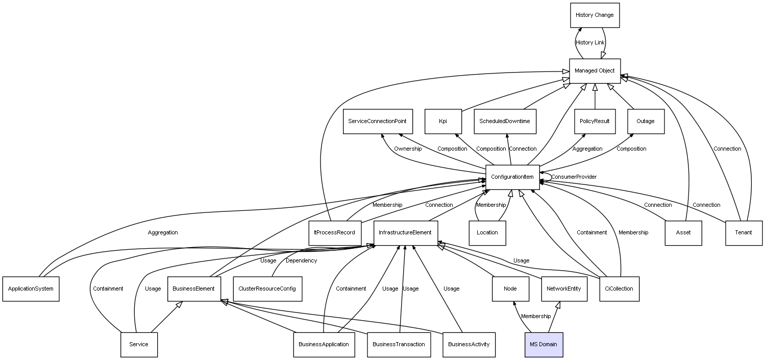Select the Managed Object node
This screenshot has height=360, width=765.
tap(595, 70)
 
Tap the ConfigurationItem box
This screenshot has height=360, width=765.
tap(512, 177)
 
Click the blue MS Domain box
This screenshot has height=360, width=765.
tap(544, 344)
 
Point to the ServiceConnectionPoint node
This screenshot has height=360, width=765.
tap(378, 122)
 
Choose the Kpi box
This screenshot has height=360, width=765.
tap(443, 122)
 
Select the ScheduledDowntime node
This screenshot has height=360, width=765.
tap(505, 122)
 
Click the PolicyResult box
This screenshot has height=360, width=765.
tap(595, 122)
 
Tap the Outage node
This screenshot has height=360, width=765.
tap(645, 122)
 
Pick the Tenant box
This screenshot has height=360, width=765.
tap(744, 233)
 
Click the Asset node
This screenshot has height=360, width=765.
tap(683, 233)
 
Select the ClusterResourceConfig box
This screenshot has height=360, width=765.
tap(267, 289)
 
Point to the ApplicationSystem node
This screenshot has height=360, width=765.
tap(31, 289)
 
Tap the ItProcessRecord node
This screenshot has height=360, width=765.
tap(335, 233)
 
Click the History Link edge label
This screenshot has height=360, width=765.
tap(590, 43)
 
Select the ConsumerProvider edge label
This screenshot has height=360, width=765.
tap(574, 177)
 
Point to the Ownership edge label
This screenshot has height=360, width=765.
tap(408, 149)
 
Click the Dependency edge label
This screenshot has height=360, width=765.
tap(301, 261)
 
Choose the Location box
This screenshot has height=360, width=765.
tap(487, 233)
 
